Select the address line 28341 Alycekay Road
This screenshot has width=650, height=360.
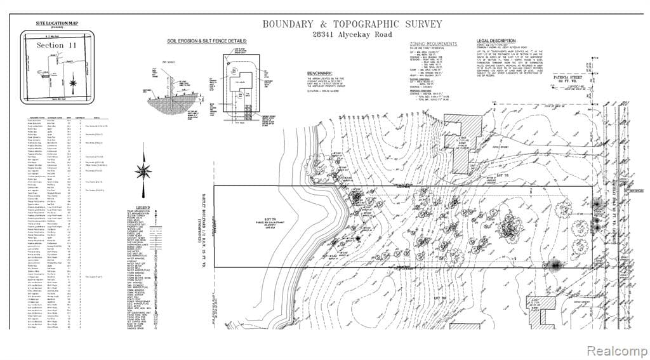tap(352, 35)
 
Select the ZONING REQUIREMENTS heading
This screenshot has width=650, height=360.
tap(435, 44)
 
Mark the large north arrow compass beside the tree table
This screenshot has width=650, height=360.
tap(145, 171)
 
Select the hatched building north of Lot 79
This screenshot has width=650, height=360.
tap(459, 143)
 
